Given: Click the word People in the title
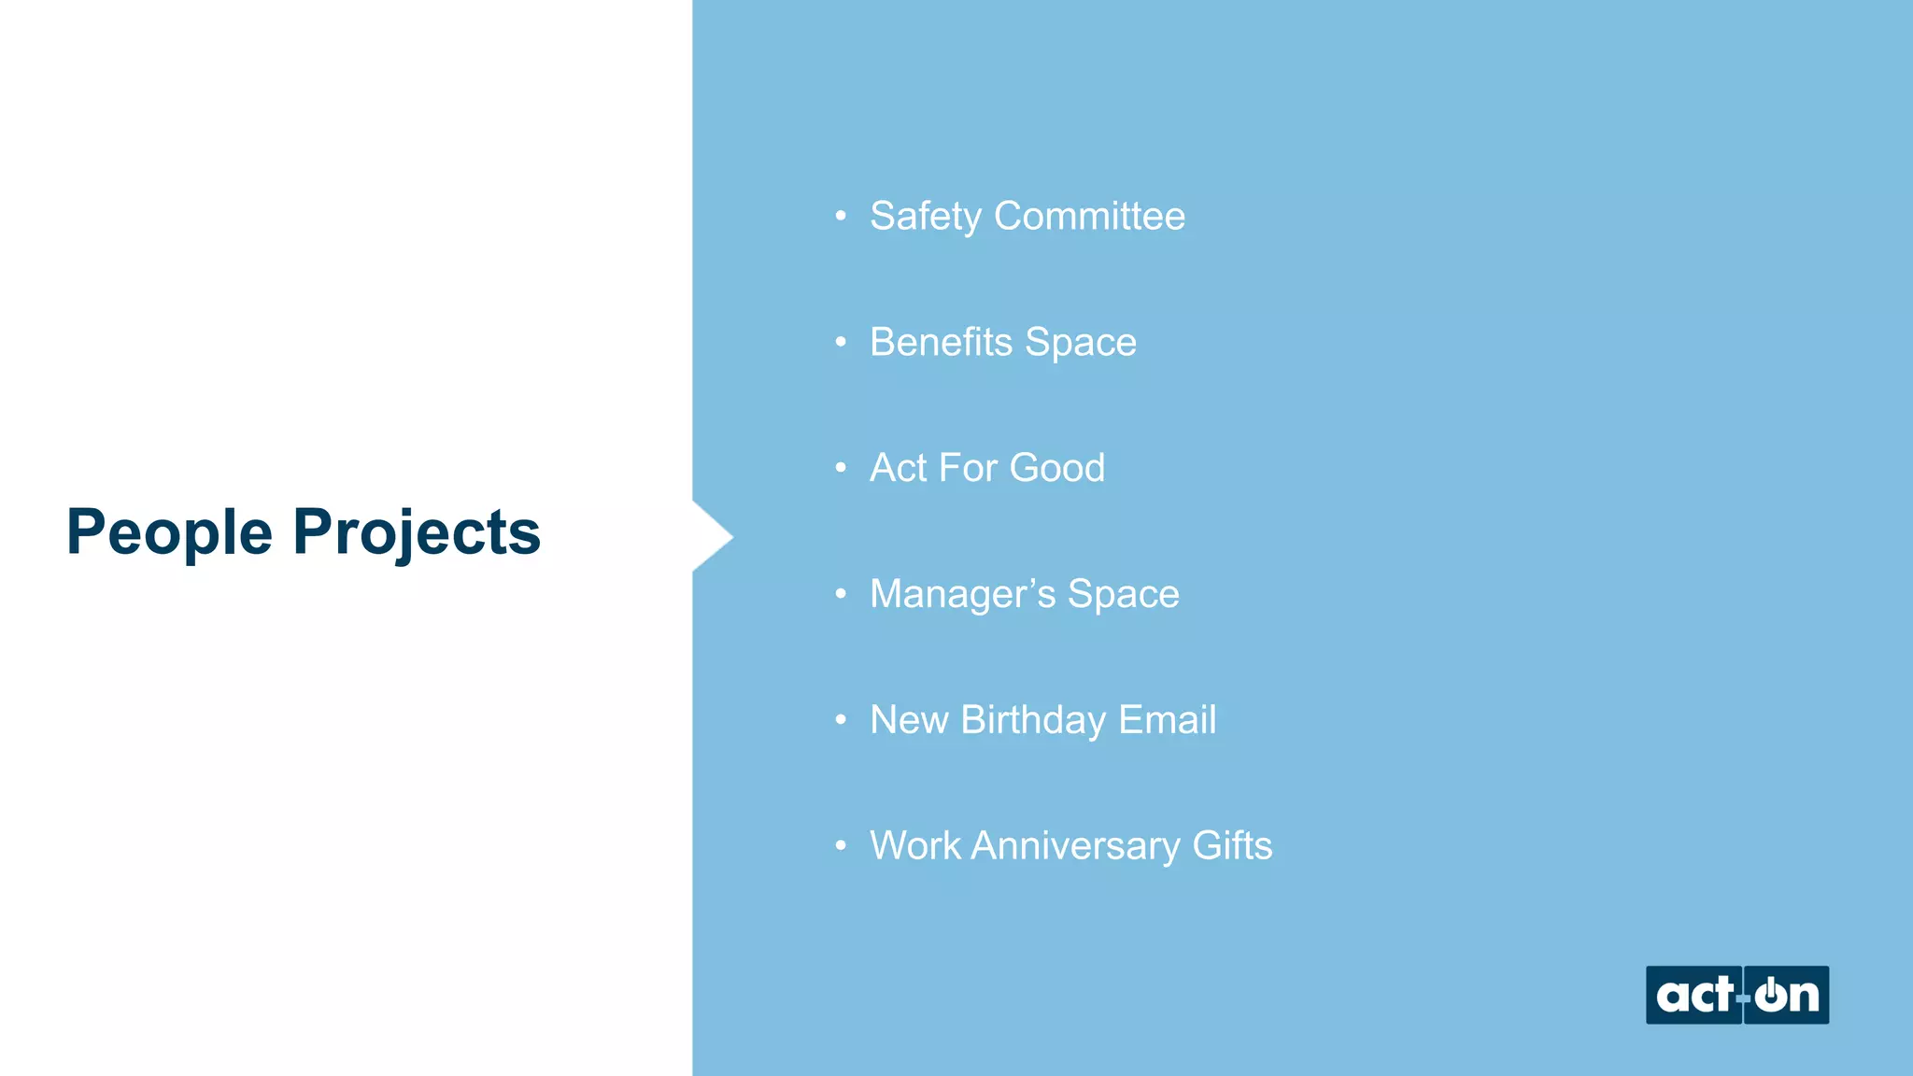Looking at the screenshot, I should [x=169, y=532].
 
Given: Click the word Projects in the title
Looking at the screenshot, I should [x=417, y=532].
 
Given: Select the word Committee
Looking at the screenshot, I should [x=1089, y=216].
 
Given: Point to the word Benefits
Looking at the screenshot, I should [x=941, y=342].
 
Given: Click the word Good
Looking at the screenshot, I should [x=1056, y=468].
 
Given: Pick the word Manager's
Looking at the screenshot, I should [x=962, y=594].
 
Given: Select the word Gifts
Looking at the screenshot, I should [x=1232, y=846].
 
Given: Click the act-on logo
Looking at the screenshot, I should [x=1736, y=995].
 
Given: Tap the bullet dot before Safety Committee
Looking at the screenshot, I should [x=841, y=217].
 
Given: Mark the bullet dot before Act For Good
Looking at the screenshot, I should [x=841, y=468].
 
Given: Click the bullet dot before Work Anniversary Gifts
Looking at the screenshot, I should [x=841, y=846].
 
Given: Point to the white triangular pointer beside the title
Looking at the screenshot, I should [x=711, y=536].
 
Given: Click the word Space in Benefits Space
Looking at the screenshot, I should [x=1081, y=343].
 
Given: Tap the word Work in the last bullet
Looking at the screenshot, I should [x=914, y=846].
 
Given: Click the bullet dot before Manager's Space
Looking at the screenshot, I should [x=841, y=594].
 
